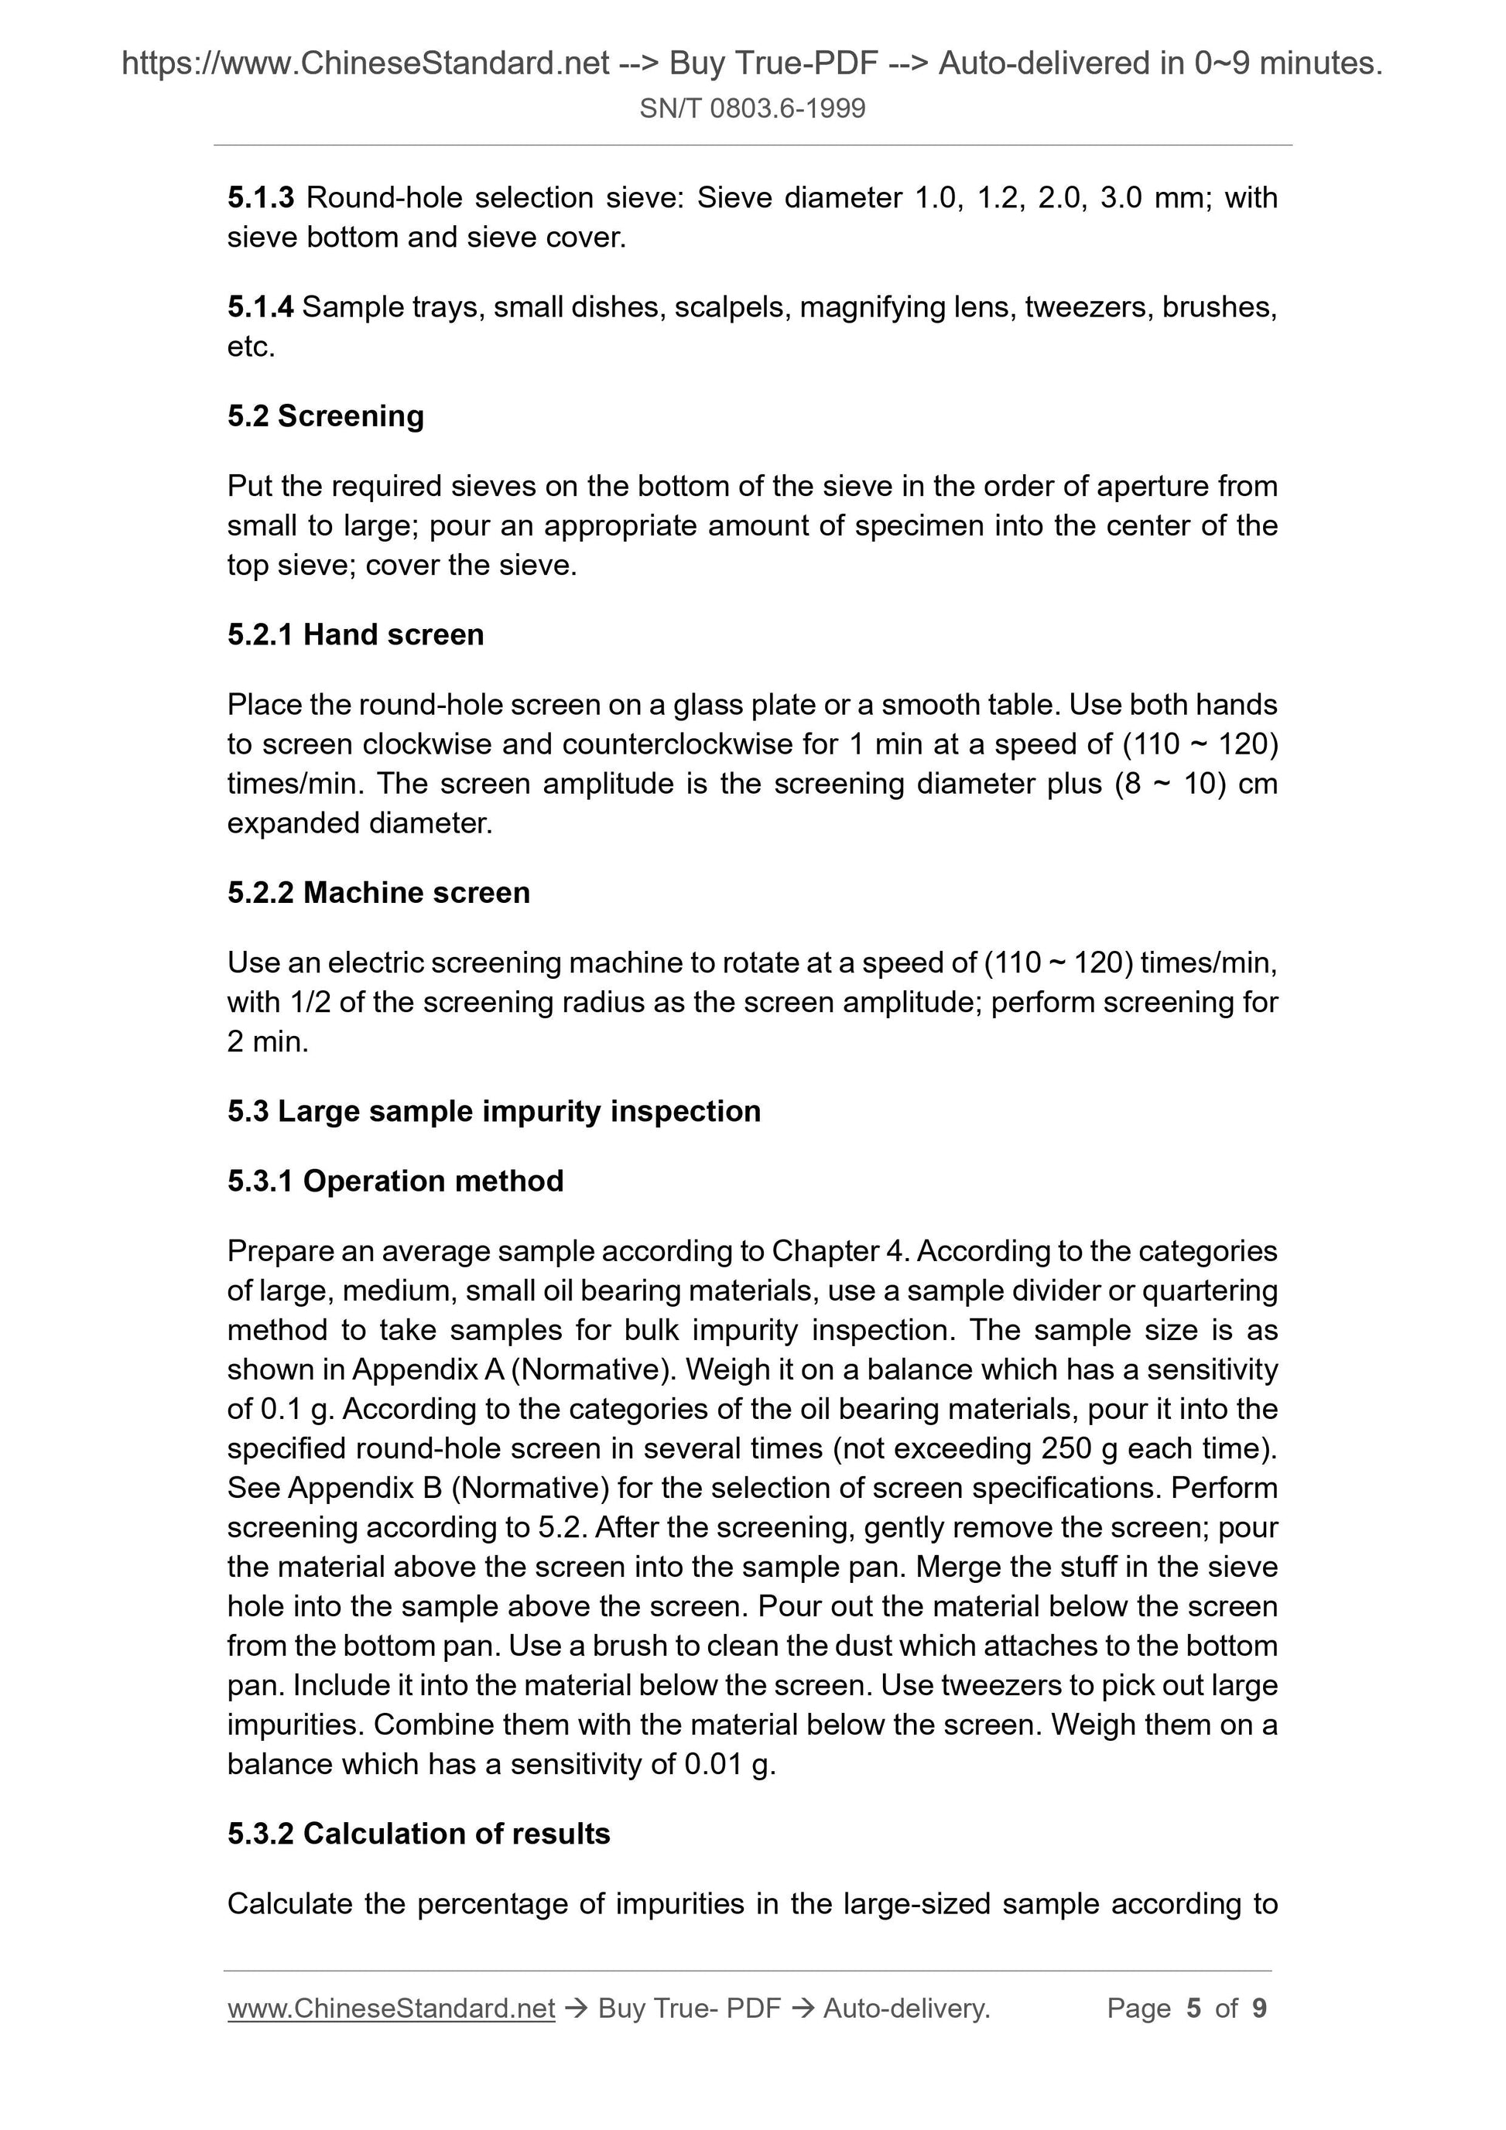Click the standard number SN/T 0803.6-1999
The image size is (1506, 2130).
752,108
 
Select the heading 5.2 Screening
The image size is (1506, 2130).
326,415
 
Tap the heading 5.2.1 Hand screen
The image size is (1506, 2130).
355,634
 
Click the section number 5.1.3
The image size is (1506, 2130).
261,197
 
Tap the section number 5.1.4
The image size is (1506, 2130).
261,307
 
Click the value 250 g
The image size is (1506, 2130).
1082,1448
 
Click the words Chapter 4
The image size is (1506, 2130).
840,1252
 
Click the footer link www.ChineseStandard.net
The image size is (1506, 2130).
391,2009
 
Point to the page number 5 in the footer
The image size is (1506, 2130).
1193,2009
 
